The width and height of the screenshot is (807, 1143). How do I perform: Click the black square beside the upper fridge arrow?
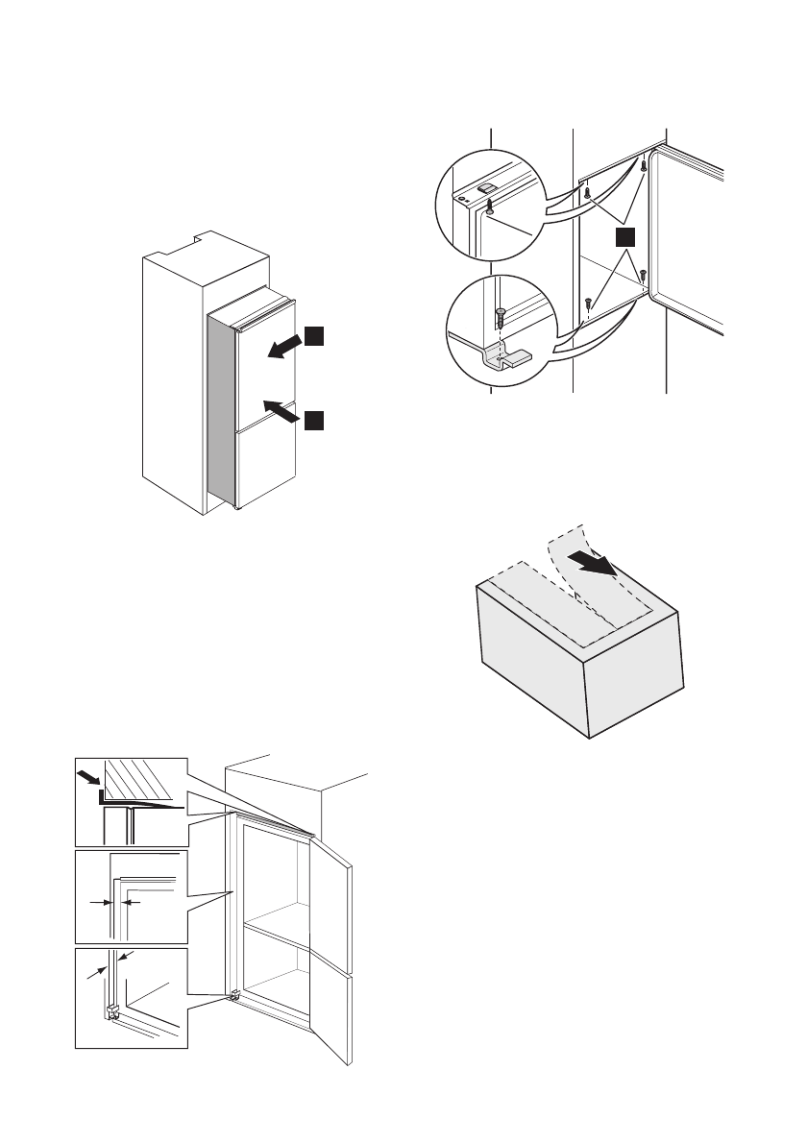coord(315,336)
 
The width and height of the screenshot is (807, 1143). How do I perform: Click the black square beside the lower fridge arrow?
coord(315,418)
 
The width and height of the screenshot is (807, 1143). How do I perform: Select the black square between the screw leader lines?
coord(625,238)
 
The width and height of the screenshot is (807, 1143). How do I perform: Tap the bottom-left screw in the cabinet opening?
coord(586,304)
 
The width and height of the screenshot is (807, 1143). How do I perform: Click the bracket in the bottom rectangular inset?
coord(113,1010)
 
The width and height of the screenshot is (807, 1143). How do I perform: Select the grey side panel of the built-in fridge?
coord(221,413)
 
